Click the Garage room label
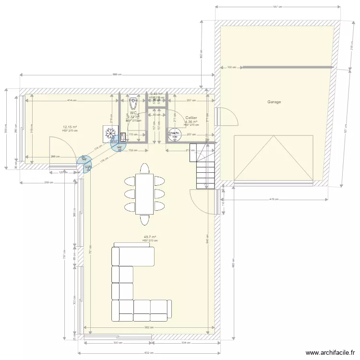point(274,102)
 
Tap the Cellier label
point(191,118)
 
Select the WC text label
point(133,113)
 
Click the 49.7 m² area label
point(150,237)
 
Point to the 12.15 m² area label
point(70,127)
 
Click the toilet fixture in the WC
point(134,103)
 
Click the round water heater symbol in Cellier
point(173,136)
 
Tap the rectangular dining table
point(144,194)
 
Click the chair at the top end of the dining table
point(144,168)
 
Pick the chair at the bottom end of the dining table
point(144,219)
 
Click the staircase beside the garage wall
point(204,166)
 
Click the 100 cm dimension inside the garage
point(232,68)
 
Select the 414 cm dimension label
point(72,100)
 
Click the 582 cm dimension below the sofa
point(150,328)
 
